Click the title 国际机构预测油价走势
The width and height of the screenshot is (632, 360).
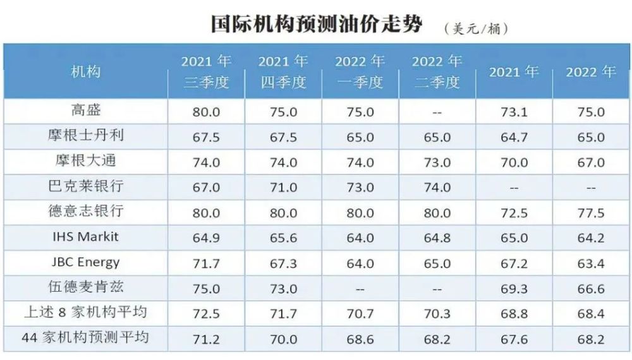317,24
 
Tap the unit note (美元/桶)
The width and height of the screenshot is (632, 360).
477,29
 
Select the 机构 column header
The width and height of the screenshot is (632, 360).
85,72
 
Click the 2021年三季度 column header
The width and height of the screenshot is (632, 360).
206,71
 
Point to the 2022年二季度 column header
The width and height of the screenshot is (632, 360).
437,71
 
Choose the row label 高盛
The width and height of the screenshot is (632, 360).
85,110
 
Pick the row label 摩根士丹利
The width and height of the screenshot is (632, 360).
85,135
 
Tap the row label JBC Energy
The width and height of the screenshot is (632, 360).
85,262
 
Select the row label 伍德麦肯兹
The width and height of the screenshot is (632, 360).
85,287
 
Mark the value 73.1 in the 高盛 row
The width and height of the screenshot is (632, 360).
514,112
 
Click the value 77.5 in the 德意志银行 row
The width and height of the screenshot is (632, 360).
591,213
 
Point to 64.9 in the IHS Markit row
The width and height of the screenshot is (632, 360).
206,238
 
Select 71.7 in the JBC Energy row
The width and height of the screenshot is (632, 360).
206,263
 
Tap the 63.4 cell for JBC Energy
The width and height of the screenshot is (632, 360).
591,263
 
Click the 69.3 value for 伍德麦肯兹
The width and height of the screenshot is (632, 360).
514,289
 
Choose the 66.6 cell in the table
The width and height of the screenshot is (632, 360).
591,289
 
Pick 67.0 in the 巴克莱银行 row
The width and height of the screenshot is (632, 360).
206,188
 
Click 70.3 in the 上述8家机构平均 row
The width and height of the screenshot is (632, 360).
437,314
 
